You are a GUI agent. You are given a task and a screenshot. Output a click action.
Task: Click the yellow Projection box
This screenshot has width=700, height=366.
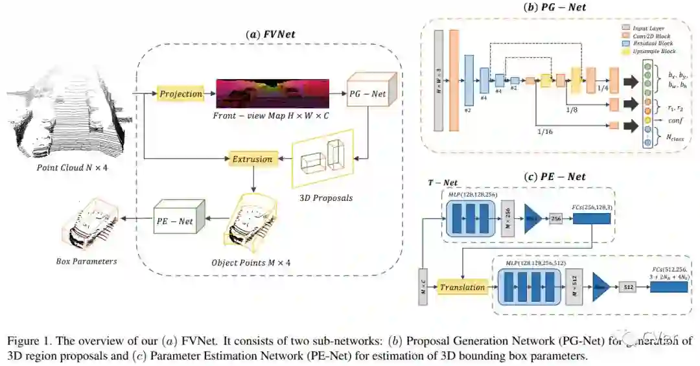pyautogui.click(x=181, y=94)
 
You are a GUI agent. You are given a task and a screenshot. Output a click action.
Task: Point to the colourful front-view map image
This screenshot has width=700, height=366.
pyautogui.click(x=272, y=94)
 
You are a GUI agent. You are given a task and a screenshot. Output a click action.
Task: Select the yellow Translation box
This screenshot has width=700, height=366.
pyautogui.click(x=462, y=286)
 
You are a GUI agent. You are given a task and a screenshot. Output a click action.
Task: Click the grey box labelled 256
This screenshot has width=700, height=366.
pyautogui.click(x=555, y=220)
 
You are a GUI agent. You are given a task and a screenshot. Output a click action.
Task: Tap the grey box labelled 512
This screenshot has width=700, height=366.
pyautogui.click(x=627, y=285)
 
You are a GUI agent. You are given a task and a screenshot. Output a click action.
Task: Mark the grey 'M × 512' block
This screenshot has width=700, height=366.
pyautogui.click(x=572, y=285)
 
